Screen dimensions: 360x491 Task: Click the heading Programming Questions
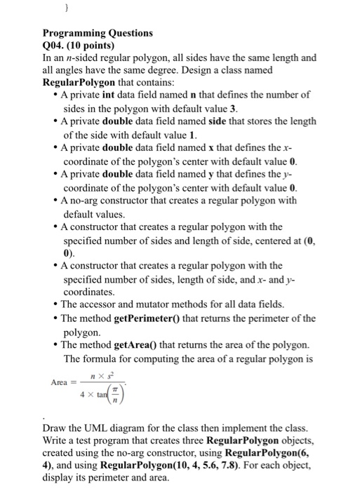98,33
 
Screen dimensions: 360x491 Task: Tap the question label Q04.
55,45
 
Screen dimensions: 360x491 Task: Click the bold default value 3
234,107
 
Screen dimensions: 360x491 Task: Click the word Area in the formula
59,382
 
